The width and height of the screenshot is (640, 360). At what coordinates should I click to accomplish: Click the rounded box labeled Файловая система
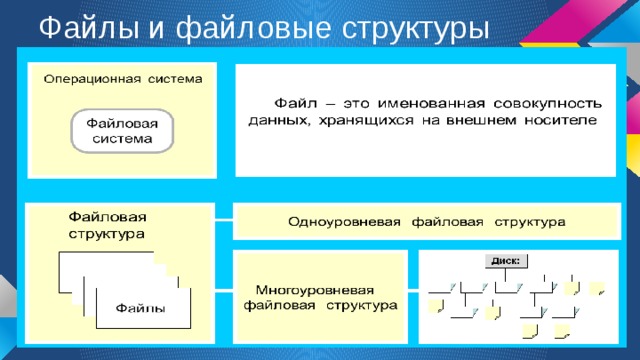[x=122, y=131]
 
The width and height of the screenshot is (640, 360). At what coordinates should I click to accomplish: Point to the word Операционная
[x=89, y=78]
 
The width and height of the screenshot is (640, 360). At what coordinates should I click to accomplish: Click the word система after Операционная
[x=173, y=78]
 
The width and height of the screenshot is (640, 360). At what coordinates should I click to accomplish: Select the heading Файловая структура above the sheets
[x=106, y=224]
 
